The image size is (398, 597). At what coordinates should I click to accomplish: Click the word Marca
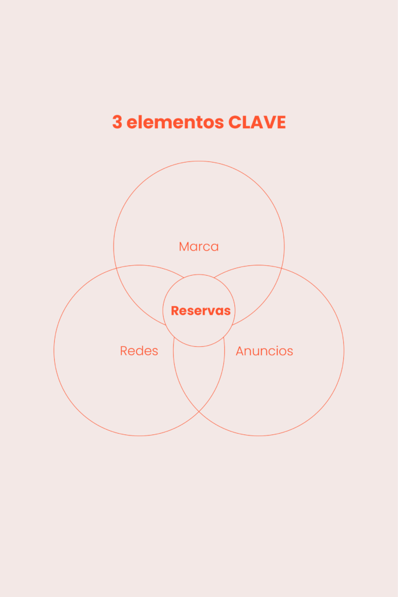click(x=199, y=247)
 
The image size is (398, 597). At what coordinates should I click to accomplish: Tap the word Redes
click(x=139, y=351)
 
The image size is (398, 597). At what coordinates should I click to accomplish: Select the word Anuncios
click(x=264, y=351)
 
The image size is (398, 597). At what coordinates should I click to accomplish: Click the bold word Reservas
click(x=200, y=311)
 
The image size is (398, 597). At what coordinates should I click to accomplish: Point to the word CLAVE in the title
click(x=257, y=122)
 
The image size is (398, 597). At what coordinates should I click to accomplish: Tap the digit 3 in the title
click(x=117, y=122)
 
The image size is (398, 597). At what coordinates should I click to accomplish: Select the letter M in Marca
click(x=184, y=247)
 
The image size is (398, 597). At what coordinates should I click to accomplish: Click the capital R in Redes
click(x=124, y=351)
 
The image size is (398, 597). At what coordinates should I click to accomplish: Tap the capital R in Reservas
click(x=175, y=311)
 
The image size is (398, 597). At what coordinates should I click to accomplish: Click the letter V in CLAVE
click(x=267, y=122)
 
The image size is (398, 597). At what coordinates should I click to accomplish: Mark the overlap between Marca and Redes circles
click(x=143, y=292)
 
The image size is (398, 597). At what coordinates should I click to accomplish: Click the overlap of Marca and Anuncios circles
click(x=255, y=292)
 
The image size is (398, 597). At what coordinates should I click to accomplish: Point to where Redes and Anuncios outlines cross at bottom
click(x=199, y=412)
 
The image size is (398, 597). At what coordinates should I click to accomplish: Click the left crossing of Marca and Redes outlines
click(x=115, y=268)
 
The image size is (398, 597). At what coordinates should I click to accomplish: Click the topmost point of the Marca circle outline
click(x=199, y=161)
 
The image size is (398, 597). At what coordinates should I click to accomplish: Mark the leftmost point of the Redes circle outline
click(x=54, y=350)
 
